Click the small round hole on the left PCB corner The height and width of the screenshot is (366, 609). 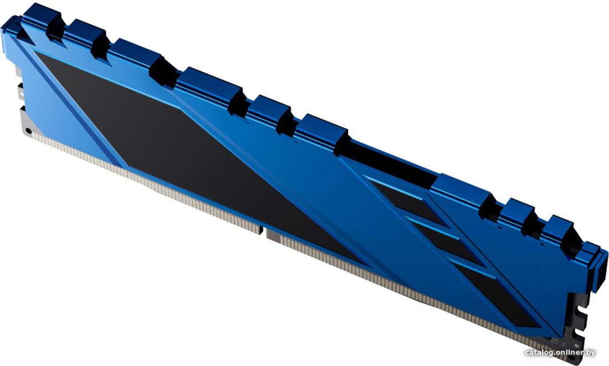coord(28,131)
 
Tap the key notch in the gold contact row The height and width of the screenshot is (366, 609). coord(263,232)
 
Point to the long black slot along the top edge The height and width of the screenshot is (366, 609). coord(389,163)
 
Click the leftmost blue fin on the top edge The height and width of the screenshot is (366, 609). coord(41,16)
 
